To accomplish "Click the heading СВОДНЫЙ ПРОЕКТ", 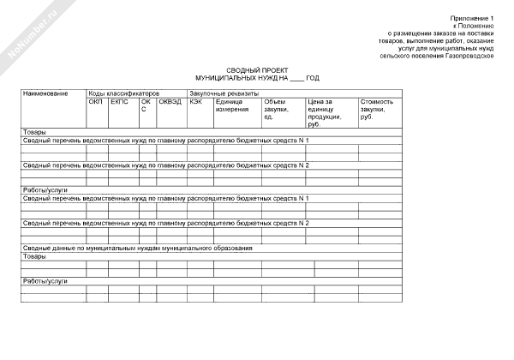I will (257, 70).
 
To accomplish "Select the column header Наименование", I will (45, 92).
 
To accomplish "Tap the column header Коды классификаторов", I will (124, 92).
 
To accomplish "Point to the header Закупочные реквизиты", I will (223, 92).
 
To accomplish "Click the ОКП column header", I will (95, 101).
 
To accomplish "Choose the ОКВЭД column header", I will (170, 101).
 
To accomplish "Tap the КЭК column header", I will (196, 101).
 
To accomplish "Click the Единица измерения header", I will (232, 105).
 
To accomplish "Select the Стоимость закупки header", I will (377, 109).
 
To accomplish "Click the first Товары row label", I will (33, 132).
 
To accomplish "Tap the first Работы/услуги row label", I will (45, 189).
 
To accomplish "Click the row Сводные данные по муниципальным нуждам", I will (137, 248).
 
